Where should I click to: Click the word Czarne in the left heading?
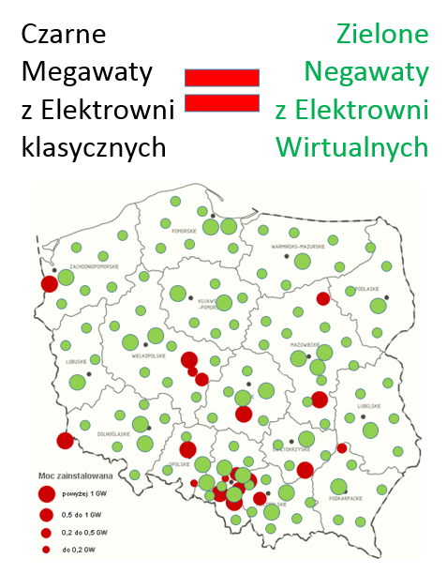pos(65,36)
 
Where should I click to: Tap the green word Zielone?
pos(381,36)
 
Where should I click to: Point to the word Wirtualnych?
pos(352,147)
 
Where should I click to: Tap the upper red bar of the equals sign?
pos(222,78)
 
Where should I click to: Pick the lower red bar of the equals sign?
pos(222,102)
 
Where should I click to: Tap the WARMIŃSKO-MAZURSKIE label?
pos(297,247)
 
